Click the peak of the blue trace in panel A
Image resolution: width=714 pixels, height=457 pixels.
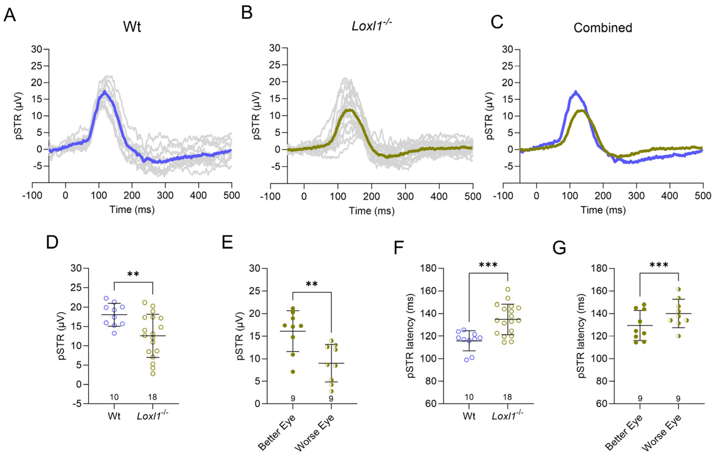tap(104, 91)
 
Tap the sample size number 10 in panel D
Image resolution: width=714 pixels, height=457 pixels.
tap(114, 397)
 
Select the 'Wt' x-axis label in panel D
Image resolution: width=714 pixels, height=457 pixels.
tap(114, 416)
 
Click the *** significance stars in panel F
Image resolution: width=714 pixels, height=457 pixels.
tap(488, 265)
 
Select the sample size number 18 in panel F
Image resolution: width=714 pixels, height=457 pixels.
tap(507, 397)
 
